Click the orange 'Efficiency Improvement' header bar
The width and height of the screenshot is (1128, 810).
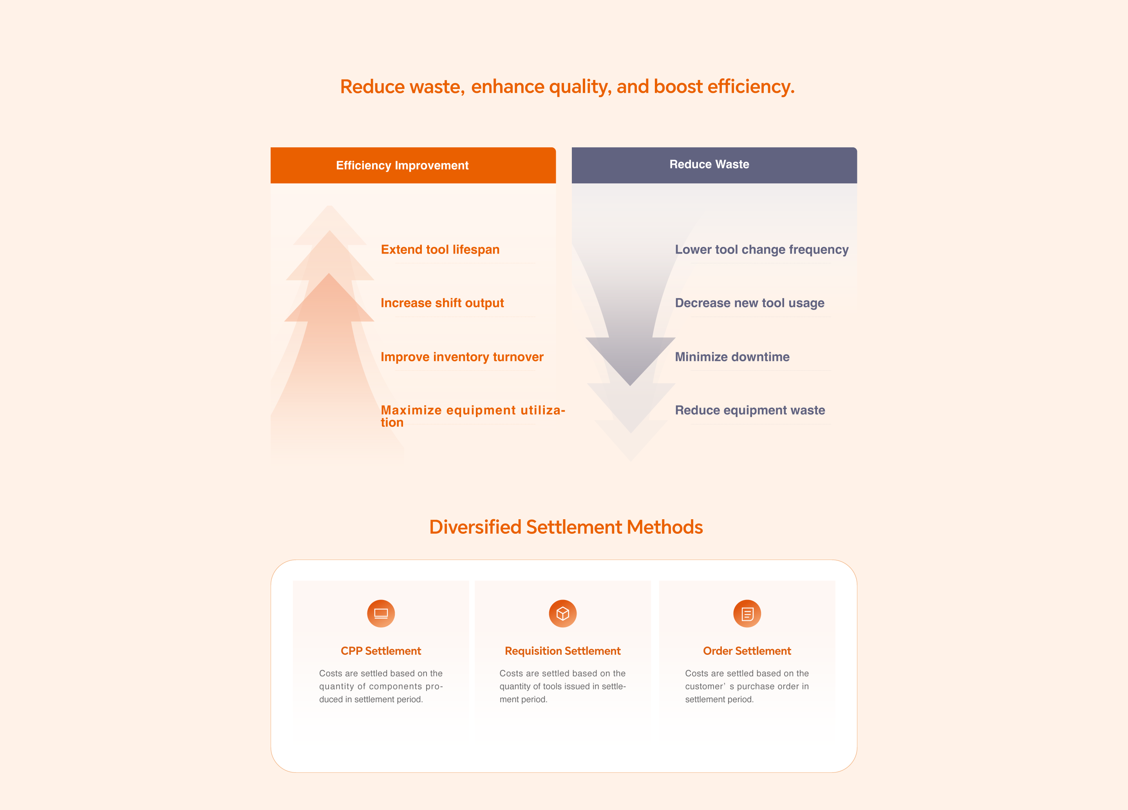413,165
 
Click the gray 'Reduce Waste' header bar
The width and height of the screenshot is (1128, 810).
714,165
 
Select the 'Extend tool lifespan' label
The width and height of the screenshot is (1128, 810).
440,249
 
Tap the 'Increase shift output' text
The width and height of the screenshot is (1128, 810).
442,303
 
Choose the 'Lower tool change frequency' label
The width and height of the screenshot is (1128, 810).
761,250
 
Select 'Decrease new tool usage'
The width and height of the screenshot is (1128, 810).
750,303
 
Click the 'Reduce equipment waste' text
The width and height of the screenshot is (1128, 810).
750,410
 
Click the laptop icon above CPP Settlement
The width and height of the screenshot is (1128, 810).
381,613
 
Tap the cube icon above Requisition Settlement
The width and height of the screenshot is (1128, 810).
563,613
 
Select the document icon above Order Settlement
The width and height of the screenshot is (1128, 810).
747,613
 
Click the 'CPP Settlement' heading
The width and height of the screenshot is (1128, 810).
381,651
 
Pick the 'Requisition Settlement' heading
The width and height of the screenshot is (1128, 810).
562,651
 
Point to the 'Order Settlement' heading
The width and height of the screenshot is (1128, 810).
747,651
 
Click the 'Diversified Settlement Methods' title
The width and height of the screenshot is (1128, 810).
566,527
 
